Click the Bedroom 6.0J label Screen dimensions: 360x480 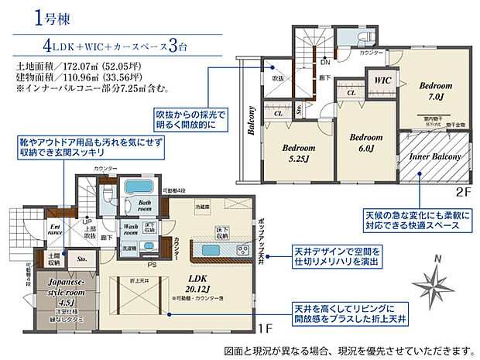365,143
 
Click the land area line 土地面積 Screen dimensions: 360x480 73,68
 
